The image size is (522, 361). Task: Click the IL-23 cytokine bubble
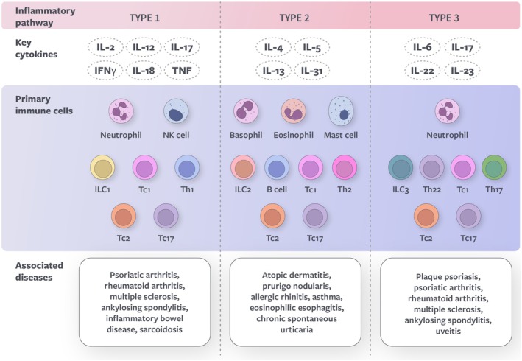tap(463, 71)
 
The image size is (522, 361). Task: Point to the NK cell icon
tap(177, 113)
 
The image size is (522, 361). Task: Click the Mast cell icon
tap(342, 111)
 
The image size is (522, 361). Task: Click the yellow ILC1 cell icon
tap(104, 169)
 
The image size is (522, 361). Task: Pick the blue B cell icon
tap(278, 169)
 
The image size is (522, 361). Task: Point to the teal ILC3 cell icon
tap(401, 169)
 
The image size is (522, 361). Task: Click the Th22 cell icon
tap(433, 169)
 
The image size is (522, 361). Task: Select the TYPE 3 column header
tap(442, 14)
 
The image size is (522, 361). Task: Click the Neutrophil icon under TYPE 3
tap(448, 113)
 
